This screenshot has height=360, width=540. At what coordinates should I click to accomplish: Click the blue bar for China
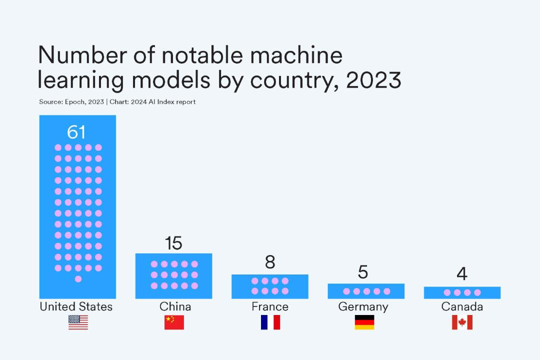[x=173, y=276]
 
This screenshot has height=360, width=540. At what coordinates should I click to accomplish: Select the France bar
[x=269, y=286]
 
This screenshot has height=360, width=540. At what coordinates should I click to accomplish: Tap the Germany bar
[x=366, y=291]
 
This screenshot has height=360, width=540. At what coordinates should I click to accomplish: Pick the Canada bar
[x=462, y=292]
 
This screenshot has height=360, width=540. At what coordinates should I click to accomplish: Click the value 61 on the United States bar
[x=76, y=132]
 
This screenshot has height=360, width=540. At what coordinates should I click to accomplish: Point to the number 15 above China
[x=173, y=243]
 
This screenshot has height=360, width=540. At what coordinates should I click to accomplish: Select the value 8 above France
[x=270, y=262]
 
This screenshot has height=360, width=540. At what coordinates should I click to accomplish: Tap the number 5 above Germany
[x=363, y=272]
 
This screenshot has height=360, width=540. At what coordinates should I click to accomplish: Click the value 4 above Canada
[x=462, y=274]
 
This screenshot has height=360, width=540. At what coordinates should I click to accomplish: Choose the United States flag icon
[x=78, y=322]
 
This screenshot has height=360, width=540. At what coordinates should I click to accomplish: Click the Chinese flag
[x=174, y=322]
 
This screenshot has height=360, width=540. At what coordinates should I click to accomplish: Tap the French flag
[x=270, y=322]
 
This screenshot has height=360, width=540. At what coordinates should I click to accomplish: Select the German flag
[x=364, y=322]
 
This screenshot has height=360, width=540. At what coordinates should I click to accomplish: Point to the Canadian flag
[x=462, y=322]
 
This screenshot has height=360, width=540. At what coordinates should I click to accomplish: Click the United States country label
[x=76, y=306]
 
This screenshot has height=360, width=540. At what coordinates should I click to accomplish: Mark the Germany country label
[x=363, y=306]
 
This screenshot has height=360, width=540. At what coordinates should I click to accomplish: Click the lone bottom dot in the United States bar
[x=78, y=279]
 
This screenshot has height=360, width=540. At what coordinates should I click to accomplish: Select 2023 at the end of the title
[x=373, y=80]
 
